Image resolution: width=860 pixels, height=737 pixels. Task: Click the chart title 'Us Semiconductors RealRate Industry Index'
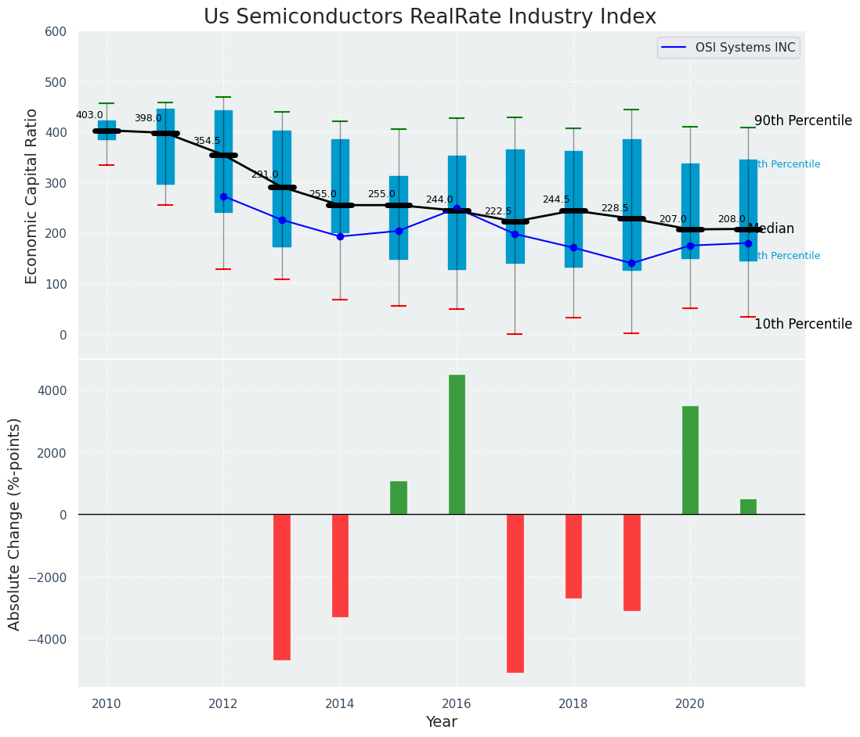[429, 17]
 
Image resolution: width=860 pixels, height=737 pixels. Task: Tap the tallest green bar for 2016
[457, 444]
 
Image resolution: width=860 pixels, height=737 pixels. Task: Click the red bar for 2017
[515, 593]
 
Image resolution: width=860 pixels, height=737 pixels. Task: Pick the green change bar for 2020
[690, 460]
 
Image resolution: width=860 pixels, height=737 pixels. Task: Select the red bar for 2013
[282, 587]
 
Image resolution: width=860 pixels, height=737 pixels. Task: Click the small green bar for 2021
[748, 507]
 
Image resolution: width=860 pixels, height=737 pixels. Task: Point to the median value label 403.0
[89, 115]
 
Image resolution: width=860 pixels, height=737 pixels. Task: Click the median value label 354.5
[207, 141]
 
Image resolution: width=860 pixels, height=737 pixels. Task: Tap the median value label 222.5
[498, 211]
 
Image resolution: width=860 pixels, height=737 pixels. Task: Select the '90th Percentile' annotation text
[803, 121]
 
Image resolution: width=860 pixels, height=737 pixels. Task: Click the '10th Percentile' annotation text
[803, 324]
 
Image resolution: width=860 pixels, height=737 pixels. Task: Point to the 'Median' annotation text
[771, 229]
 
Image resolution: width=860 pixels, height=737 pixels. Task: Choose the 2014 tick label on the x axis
[340, 703]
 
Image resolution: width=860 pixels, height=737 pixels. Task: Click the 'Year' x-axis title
[441, 722]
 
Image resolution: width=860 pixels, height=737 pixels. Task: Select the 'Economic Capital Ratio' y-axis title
[32, 196]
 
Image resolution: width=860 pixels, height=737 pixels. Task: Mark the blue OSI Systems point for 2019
[631, 263]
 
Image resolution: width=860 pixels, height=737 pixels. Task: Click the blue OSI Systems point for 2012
[223, 196]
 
